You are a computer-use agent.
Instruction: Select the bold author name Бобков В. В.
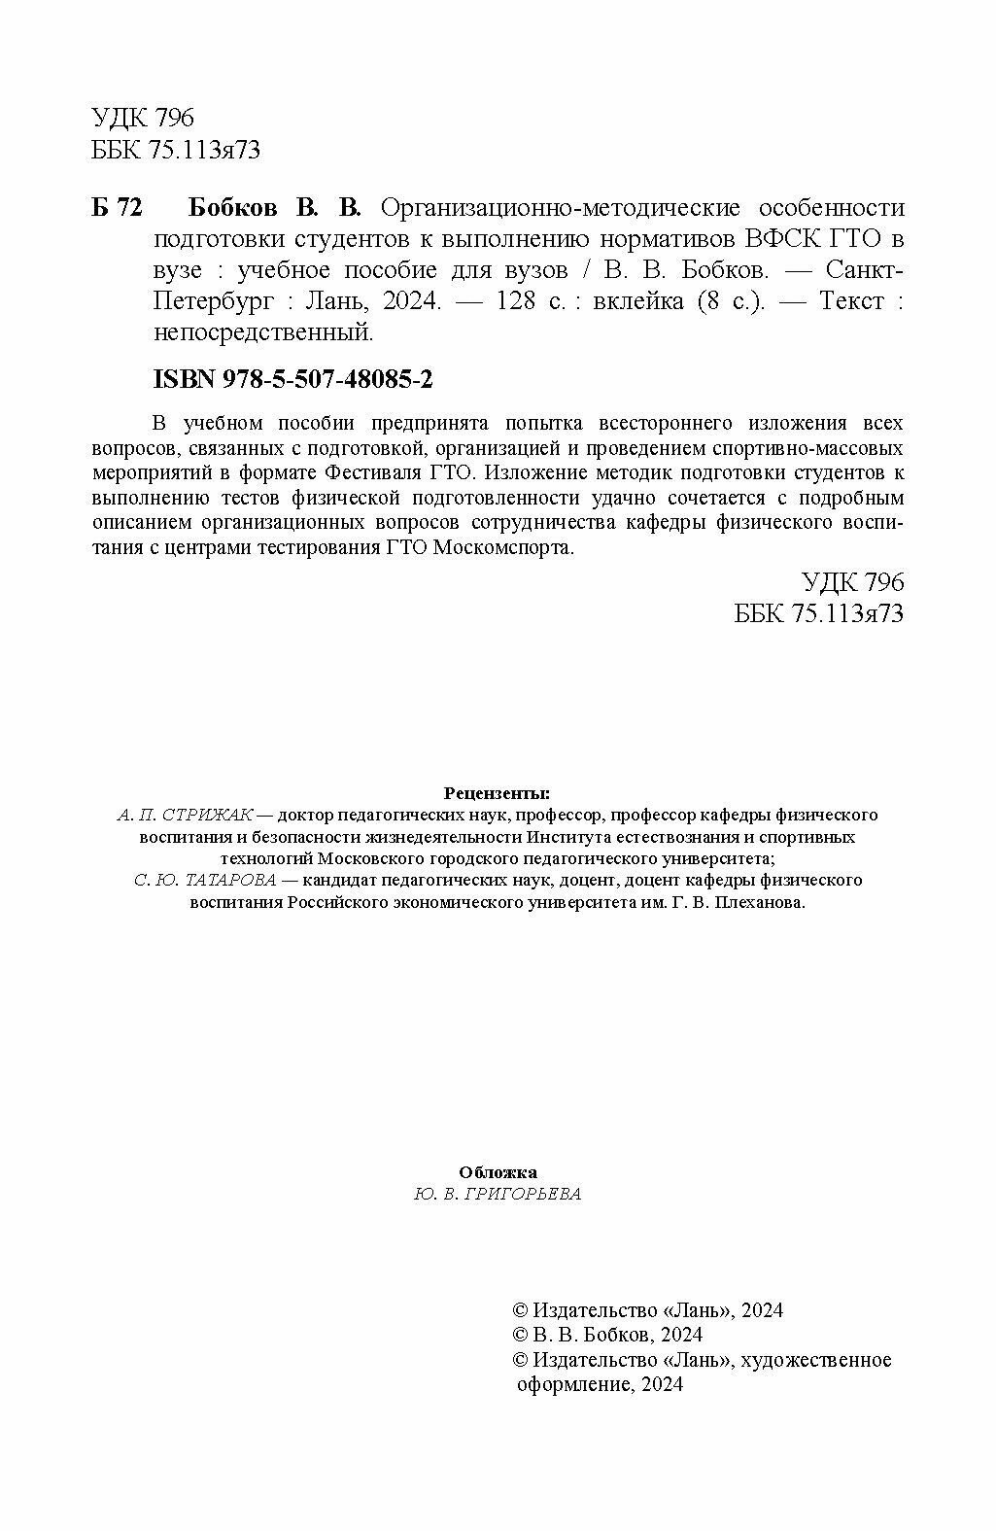273,208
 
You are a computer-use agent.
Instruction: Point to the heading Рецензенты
497,792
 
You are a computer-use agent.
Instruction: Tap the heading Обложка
498,1172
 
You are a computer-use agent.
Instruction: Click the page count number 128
515,301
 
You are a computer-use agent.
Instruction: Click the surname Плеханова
765,902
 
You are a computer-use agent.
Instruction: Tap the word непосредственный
263,332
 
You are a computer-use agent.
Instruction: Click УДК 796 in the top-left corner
143,119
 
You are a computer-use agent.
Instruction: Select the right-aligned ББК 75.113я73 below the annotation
820,613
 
